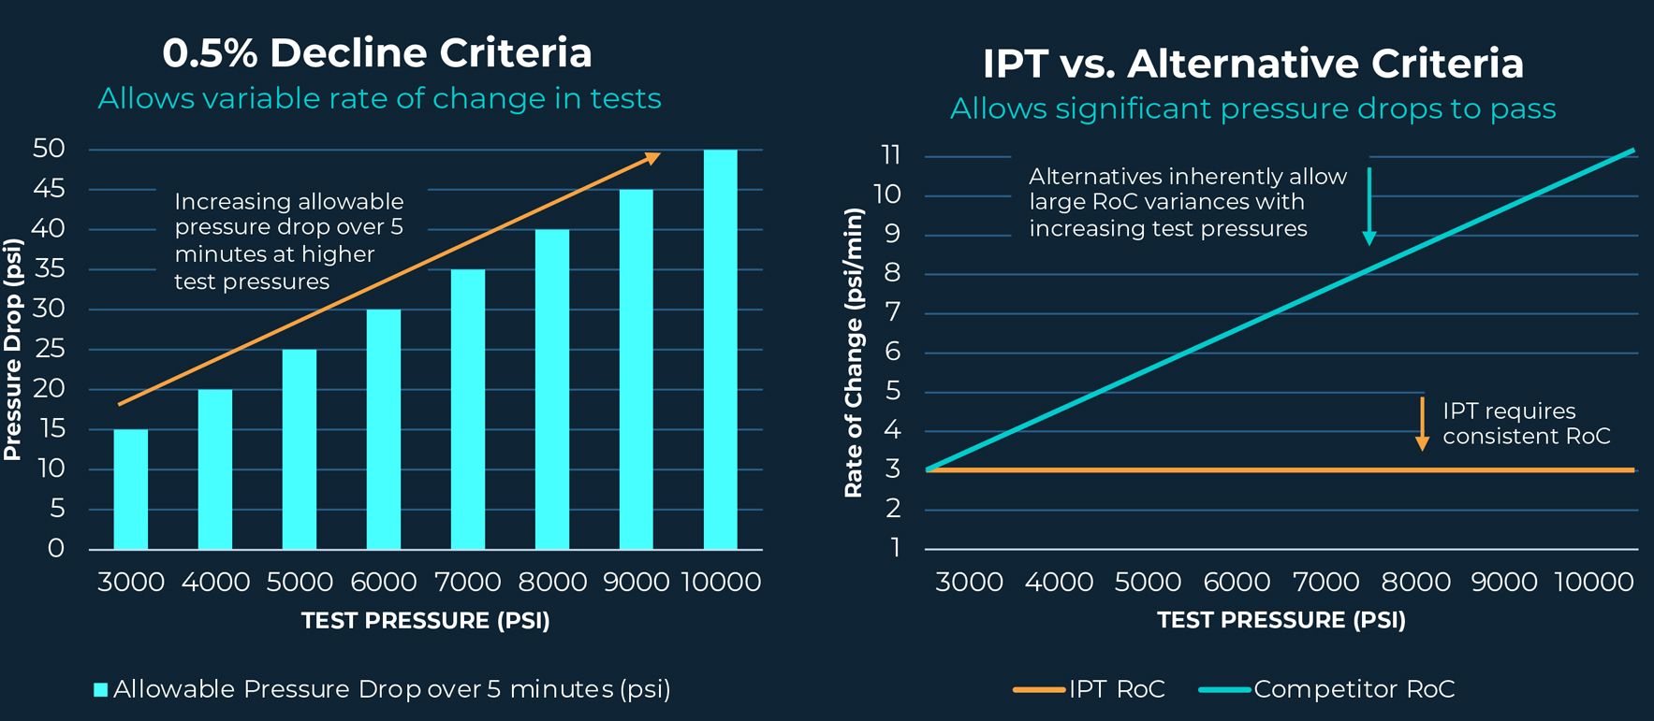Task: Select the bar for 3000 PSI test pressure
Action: [x=131, y=489]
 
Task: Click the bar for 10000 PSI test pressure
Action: [x=720, y=349]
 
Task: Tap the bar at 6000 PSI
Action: [x=384, y=428]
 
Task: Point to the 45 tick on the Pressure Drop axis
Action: [x=49, y=189]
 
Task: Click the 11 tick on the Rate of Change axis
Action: [x=890, y=155]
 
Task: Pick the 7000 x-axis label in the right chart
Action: [x=1325, y=582]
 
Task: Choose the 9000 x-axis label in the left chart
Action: [x=636, y=582]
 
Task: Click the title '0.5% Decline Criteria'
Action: [x=377, y=52]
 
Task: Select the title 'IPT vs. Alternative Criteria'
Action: [x=1252, y=64]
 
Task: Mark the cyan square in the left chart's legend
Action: [x=100, y=690]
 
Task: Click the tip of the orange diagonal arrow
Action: [x=659, y=155]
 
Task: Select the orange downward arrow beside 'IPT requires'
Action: [x=1422, y=424]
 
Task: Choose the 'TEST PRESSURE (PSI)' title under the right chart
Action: [x=1281, y=620]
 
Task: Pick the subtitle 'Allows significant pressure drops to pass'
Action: [x=1252, y=108]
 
